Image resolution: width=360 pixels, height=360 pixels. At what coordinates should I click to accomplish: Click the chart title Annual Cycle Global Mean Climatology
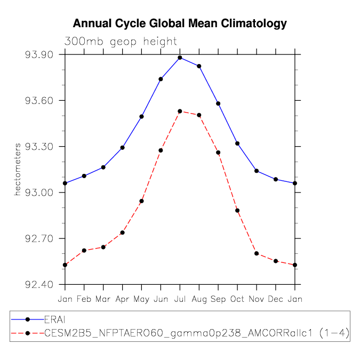(x=180, y=23)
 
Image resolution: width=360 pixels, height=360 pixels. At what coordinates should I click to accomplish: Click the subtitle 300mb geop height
(x=121, y=42)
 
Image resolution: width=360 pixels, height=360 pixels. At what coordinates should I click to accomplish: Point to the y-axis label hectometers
(x=18, y=170)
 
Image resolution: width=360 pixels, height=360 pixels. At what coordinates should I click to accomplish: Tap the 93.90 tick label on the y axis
(x=39, y=54)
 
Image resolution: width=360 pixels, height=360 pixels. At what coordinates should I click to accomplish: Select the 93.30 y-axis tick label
(x=39, y=147)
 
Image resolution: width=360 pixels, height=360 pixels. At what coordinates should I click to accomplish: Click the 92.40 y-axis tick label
(x=39, y=285)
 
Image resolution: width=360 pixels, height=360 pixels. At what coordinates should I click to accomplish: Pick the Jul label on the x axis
(x=180, y=299)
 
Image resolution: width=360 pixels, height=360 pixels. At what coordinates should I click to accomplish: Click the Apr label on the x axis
(x=122, y=299)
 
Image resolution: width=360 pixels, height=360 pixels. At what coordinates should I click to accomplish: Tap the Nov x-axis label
(x=257, y=299)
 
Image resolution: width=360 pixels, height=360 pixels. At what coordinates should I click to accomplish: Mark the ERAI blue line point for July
(x=180, y=58)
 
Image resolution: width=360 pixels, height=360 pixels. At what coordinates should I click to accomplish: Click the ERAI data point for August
(x=199, y=66)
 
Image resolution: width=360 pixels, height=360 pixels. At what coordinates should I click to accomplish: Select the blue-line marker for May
(x=142, y=117)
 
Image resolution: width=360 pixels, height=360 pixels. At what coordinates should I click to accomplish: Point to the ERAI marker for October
(x=237, y=143)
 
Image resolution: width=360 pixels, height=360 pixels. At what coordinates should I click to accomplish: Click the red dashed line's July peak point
(x=180, y=111)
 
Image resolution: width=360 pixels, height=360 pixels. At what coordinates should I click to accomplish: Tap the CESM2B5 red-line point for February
(x=84, y=251)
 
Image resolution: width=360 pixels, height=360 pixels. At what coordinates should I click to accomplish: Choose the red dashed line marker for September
(x=218, y=153)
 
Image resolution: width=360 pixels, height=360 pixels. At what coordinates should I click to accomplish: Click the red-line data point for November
(x=257, y=253)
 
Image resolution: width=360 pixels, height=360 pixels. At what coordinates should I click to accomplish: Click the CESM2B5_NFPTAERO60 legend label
(x=197, y=333)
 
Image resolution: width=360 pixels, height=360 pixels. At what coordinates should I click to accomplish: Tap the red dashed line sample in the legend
(x=28, y=333)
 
